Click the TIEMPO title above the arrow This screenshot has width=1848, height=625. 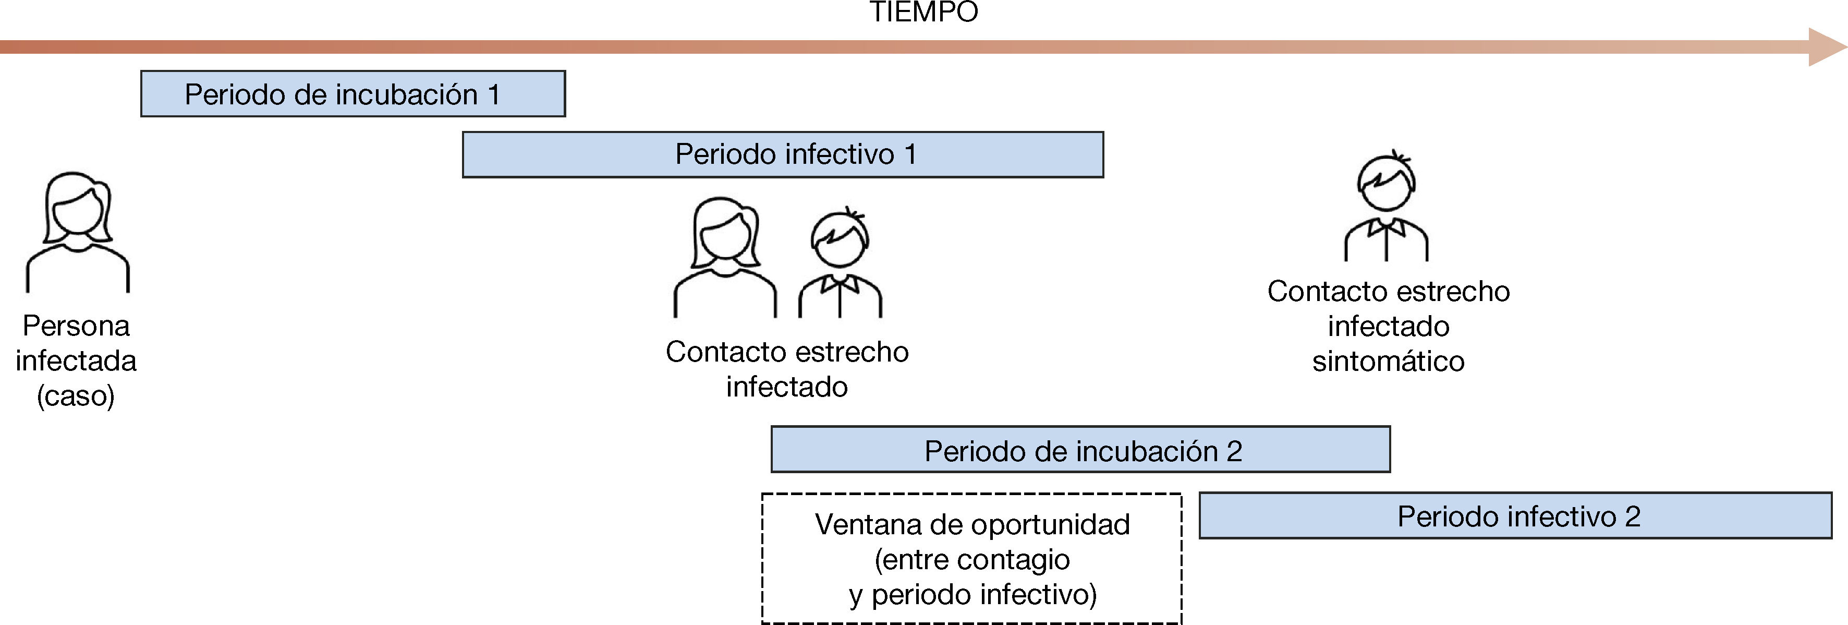point(923,11)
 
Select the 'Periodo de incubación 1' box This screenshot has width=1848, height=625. point(352,94)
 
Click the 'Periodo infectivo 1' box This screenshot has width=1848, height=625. point(783,154)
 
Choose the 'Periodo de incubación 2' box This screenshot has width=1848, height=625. point(1080,450)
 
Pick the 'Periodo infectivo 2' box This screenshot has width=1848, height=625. point(1515,516)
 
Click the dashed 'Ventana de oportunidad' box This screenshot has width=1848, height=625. point(971,558)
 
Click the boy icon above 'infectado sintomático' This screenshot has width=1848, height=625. point(1387,208)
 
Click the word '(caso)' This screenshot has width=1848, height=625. point(76,395)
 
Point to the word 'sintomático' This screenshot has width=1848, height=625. point(1388,361)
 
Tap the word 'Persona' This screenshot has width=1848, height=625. point(76,326)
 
